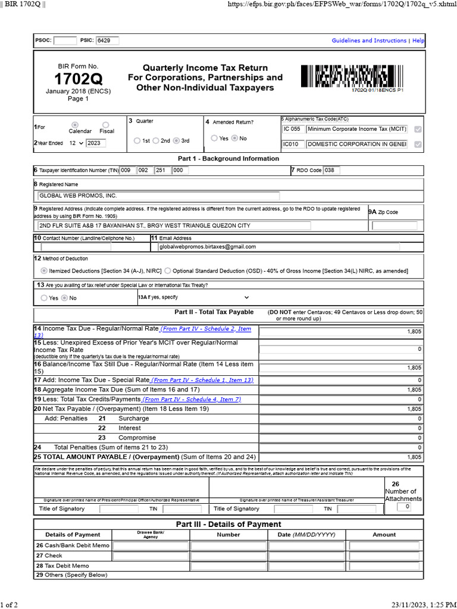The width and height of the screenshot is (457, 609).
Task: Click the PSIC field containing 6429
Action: [107, 40]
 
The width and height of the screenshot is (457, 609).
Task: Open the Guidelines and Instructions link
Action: [369, 40]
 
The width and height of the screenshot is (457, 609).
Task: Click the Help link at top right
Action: [418, 40]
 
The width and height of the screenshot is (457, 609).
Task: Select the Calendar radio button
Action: [80, 124]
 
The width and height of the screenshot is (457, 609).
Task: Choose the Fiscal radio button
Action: [106, 124]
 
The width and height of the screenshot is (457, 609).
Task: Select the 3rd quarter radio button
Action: [176, 141]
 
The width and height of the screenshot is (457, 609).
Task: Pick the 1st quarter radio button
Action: [137, 141]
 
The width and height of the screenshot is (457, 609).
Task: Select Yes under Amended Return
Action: [215, 138]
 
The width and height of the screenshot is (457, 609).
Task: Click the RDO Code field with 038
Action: [332, 171]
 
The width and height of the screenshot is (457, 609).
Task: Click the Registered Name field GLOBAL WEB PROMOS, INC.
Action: [158, 196]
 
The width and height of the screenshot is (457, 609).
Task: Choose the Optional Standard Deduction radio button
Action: [168, 271]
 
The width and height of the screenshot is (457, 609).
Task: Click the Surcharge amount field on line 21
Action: [341, 419]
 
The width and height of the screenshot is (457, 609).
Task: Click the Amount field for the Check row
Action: [384, 556]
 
